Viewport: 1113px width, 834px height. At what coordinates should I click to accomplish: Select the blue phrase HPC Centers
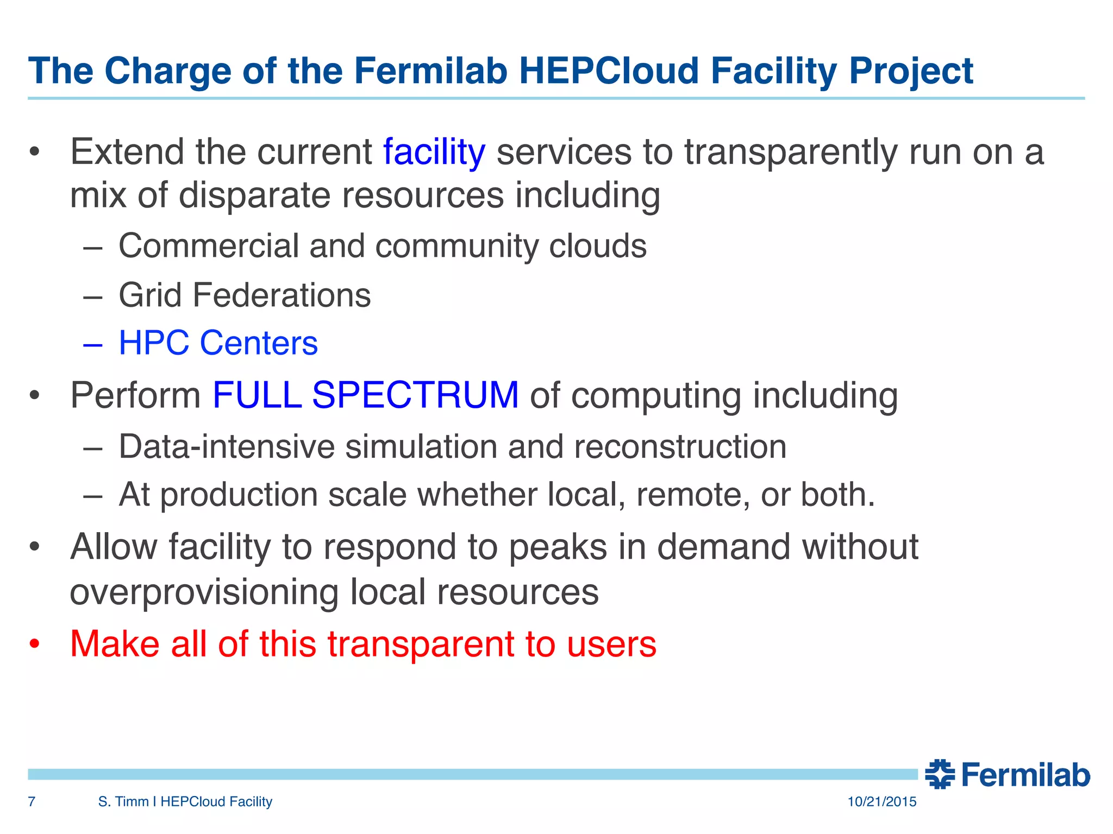(x=218, y=343)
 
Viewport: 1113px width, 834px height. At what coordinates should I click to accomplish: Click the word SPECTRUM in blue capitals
(x=415, y=395)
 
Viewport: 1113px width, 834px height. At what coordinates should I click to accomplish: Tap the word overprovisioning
(x=204, y=592)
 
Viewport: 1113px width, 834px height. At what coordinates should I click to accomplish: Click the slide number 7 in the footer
(x=32, y=801)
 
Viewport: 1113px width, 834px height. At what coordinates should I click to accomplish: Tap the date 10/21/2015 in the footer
(x=881, y=801)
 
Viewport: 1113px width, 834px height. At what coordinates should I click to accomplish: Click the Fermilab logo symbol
(x=940, y=774)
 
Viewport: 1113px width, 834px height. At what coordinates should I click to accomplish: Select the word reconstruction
(x=680, y=447)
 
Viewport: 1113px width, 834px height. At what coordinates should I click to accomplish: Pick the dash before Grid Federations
(x=93, y=296)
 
